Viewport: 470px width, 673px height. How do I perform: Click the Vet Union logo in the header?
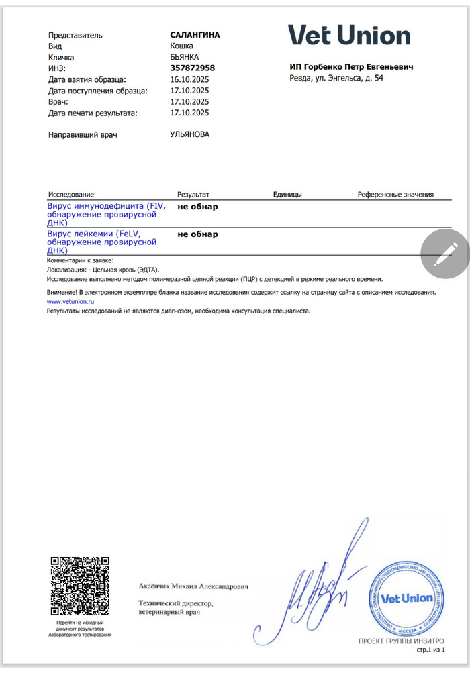tap(349, 36)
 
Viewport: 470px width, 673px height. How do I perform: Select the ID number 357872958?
tap(193, 68)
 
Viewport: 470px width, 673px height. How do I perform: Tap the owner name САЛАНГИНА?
tap(195, 34)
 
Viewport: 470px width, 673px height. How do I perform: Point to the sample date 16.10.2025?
tap(190, 79)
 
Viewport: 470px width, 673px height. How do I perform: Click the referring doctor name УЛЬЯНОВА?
tap(189, 134)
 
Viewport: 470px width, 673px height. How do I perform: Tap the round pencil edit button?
tap(444, 252)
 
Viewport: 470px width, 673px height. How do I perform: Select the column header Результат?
tap(193, 195)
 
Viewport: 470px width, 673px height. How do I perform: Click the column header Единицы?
tap(287, 195)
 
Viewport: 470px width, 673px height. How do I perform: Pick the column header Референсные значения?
tap(395, 195)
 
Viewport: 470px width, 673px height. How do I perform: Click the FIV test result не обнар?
tap(197, 207)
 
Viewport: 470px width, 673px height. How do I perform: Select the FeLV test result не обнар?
tap(197, 234)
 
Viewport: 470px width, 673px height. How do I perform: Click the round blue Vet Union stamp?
tap(402, 598)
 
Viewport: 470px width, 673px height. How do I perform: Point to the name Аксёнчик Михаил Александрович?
tap(193, 586)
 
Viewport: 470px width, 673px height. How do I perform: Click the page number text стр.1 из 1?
tap(430, 650)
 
